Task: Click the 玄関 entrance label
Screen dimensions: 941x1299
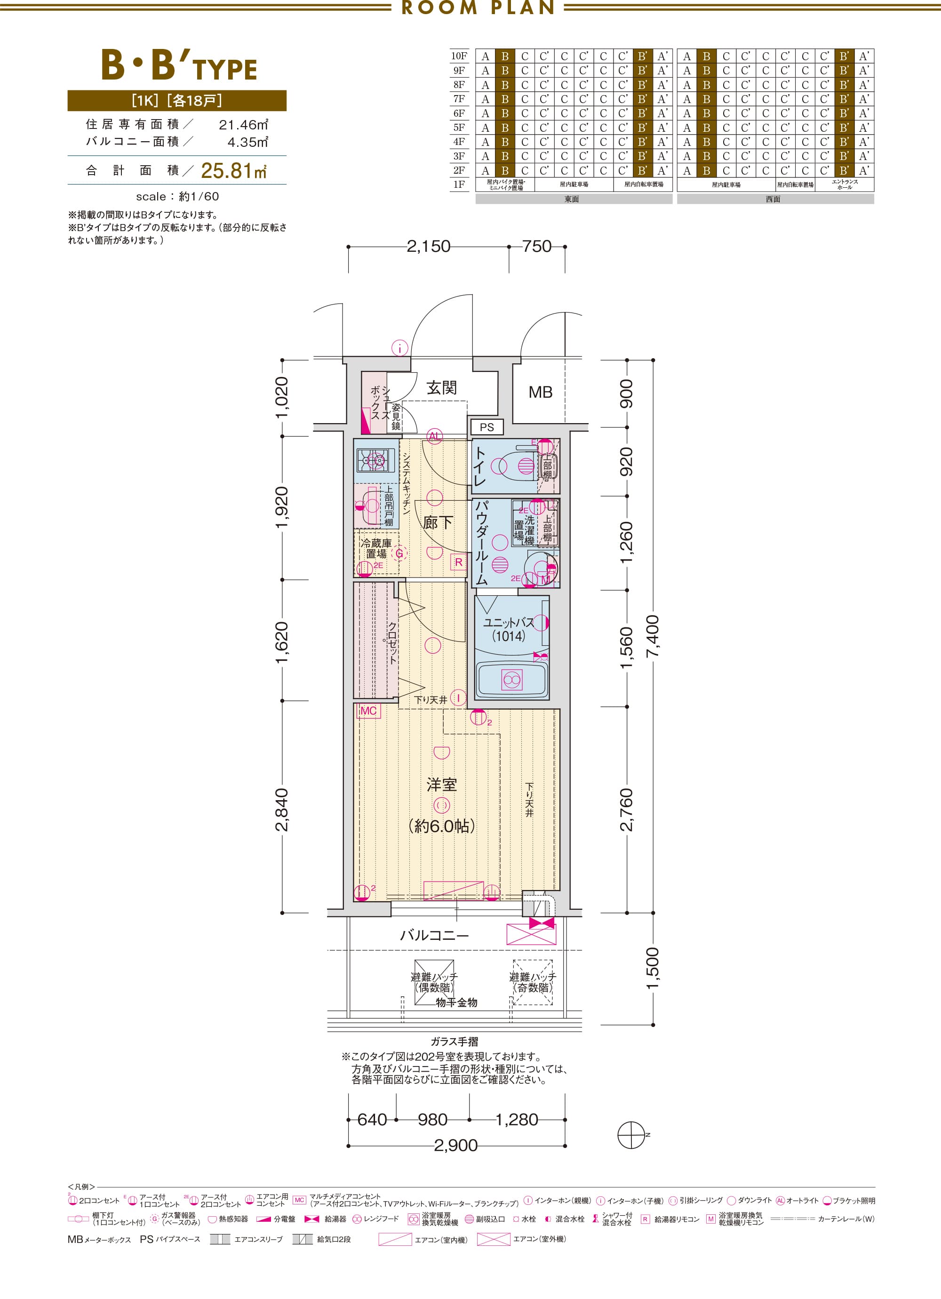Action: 442,388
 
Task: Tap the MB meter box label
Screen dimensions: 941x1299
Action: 540,393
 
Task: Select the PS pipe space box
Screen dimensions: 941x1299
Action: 487,427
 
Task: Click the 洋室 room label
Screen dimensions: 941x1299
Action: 442,784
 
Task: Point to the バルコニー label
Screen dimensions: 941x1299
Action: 434,935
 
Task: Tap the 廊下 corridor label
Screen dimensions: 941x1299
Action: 438,522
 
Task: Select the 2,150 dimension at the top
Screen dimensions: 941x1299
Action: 429,246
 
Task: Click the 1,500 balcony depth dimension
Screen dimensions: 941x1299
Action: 653,969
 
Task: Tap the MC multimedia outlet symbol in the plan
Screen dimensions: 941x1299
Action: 368,711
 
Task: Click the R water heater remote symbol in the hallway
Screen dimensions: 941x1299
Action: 458,562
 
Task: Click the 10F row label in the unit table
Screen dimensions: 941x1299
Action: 459,56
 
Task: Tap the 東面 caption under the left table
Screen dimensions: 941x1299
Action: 572,199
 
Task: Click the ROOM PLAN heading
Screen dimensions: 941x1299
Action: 478,8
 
